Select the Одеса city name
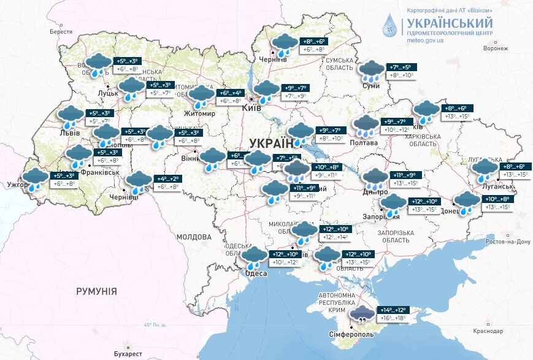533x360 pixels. point(256,274)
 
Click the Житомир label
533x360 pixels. point(199,114)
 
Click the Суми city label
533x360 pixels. point(371,86)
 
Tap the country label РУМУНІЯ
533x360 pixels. point(96,291)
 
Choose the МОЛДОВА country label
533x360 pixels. point(193,237)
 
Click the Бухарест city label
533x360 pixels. point(128,354)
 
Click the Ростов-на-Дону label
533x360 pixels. point(506,242)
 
